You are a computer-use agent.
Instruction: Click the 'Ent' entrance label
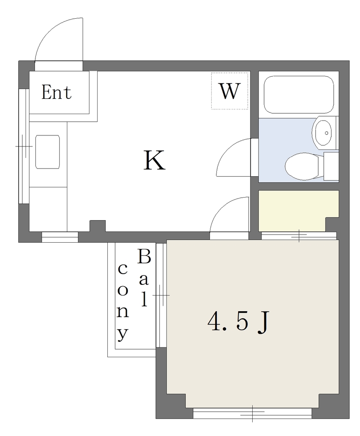coord(57,92)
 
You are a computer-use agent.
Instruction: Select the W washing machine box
coord(230,91)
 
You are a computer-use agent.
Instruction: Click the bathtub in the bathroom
coord(299,95)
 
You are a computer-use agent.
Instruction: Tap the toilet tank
coord(331,166)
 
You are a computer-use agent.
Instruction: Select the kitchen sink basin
coord(48,152)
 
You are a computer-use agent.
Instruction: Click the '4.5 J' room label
coord(239,322)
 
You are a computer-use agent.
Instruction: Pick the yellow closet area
coord(298,210)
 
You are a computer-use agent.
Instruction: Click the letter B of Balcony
coord(144,256)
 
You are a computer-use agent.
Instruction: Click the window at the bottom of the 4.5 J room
coord(252,413)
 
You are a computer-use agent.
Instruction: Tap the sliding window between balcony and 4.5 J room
coord(161,295)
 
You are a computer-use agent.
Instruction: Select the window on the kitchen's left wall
coord(24,146)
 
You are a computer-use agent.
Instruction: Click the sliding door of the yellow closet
coord(299,236)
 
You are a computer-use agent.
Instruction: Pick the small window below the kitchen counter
coord(60,237)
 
